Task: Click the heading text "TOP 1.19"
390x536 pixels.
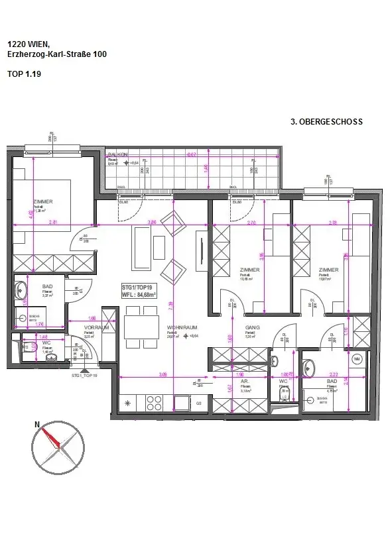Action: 23,76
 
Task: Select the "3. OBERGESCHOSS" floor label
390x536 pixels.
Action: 326,122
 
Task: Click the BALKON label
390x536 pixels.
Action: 118,154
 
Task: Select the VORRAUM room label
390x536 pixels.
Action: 96,327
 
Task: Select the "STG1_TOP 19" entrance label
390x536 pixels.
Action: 84,375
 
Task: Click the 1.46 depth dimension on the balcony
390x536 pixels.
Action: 206,169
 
